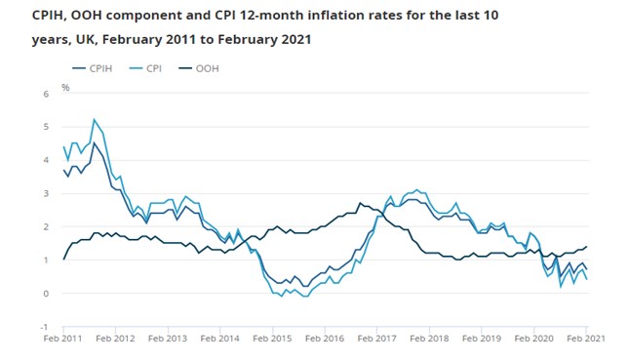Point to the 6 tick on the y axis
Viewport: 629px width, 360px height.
coord(46,94)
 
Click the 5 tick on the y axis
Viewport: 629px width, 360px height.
coord(46,127)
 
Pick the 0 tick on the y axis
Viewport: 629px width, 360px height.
coord(46,294)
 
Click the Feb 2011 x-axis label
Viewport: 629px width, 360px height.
coord(62,340)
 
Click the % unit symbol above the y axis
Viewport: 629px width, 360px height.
coord(66,88)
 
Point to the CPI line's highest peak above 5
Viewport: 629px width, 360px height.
coord(94,120)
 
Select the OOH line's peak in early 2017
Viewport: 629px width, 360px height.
coord(360,203)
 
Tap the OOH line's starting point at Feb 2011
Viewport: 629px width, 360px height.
coord(63,260)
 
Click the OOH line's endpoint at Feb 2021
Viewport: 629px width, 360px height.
coord(586,247)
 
